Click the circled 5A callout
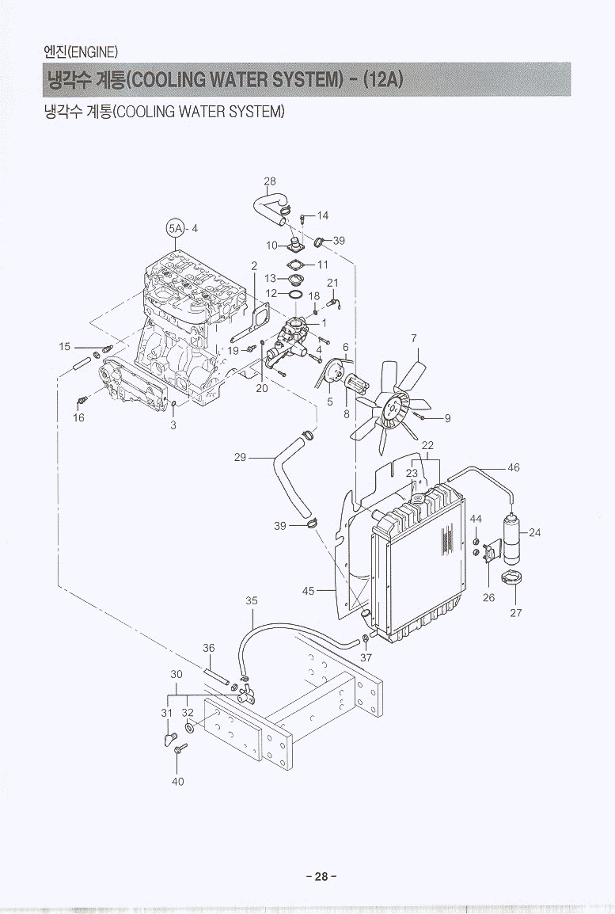tap(175, 228)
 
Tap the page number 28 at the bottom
tap(321, 877)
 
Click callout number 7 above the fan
tap(414, 338)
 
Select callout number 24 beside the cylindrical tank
tap(534, 532)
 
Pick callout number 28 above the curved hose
tap(270, 181)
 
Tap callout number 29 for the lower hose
tap(241, 457)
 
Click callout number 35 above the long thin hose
tap(251, 601)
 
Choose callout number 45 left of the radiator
tap(309, 590)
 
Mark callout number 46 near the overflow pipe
tap(514, 468)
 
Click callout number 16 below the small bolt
tap(78, 418)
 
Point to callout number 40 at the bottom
tap(177, 781)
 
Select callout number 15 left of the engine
tap(65, 346)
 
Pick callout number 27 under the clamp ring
tap(515, 611)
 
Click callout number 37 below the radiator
tap(366, 657)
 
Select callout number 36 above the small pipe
tap(208, 648)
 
